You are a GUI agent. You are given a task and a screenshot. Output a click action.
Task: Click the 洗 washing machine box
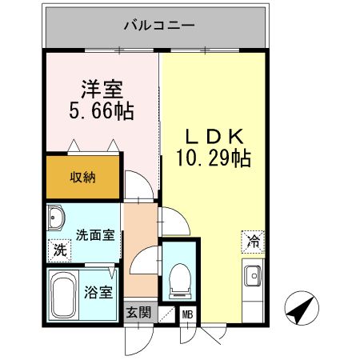coord(59,249)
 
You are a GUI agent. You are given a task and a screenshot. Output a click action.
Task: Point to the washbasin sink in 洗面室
coord(57,218)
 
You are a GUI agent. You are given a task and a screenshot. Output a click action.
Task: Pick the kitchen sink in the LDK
coord(253,276)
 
